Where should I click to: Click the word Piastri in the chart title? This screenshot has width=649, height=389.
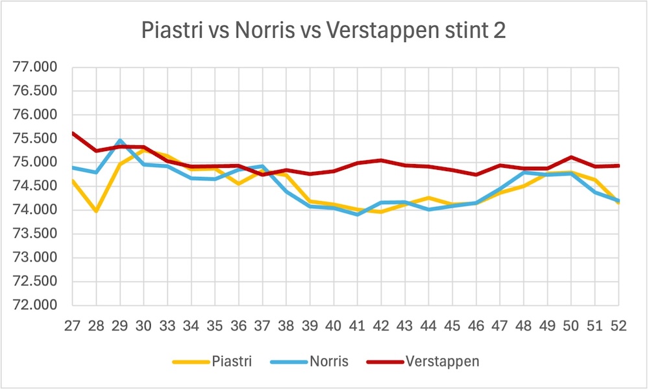[171, 30]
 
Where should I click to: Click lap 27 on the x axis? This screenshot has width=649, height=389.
[72, 326]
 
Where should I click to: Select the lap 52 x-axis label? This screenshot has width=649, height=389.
[618, 326]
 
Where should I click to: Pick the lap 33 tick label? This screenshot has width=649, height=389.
[167, 326]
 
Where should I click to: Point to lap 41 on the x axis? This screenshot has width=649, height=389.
[358, 326]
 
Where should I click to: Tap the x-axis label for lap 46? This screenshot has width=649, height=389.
[476, 326]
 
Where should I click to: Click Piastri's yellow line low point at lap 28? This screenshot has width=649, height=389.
[96, 211]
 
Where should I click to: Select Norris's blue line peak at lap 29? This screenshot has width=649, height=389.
[120, 140]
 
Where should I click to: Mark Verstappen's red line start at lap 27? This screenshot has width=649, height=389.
[73, 133]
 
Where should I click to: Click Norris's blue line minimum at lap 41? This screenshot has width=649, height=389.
[358, 214]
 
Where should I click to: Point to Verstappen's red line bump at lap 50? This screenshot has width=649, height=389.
[571, 157]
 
